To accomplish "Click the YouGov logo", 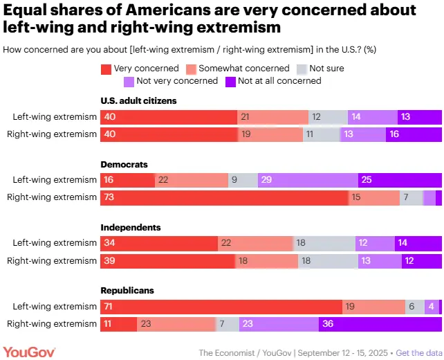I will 29,352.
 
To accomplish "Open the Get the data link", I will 419,352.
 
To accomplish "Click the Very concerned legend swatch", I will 107,69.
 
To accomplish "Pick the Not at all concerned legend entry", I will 273,81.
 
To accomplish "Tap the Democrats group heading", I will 124,165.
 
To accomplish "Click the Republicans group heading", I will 127,290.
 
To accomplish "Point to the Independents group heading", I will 131,227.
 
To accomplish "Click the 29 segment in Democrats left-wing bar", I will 308,180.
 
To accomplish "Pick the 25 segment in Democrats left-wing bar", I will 400,180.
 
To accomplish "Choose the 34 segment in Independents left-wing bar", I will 160,243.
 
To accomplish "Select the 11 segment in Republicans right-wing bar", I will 119,323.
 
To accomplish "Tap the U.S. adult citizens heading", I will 138,101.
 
